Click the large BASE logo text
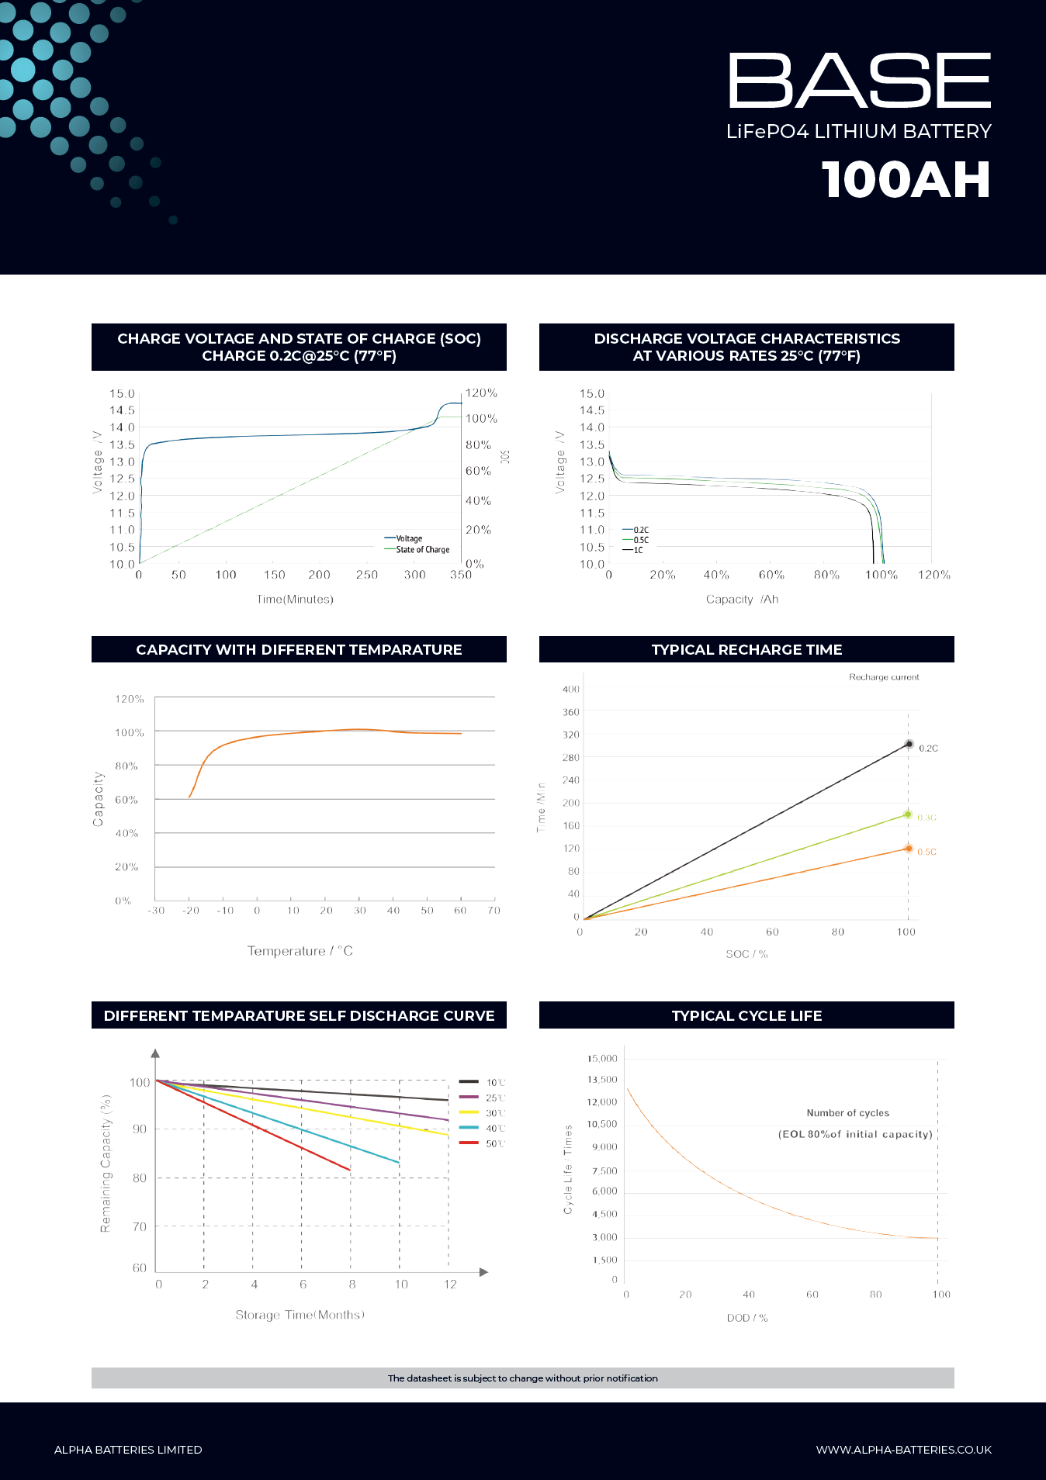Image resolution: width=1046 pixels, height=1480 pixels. pos(859,81)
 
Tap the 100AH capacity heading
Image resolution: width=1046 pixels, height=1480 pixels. pos(906,180)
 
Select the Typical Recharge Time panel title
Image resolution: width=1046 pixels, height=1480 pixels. pos(746,650)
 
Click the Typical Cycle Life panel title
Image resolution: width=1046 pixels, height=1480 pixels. pos(746,1016)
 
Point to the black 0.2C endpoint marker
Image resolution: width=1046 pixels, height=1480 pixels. pos(909,745)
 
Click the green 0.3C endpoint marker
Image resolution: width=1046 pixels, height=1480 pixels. pos(907,814)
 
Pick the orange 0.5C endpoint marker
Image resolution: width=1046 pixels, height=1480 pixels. pos(908,849)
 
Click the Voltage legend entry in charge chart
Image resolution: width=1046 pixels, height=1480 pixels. pos(404,538)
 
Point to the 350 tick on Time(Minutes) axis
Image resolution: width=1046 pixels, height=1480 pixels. pos(461,575)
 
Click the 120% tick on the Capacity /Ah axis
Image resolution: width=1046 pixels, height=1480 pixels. pos(933,575)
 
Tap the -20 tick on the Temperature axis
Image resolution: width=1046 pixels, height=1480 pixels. pos(190,911)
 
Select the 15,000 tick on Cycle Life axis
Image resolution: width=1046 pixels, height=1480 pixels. pos(602,1059)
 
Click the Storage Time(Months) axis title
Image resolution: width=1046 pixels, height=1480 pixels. pos(300,1315)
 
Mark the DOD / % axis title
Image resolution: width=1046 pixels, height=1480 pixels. pos(747,1318)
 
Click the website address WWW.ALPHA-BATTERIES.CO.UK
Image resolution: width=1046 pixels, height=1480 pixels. pos(903,1450)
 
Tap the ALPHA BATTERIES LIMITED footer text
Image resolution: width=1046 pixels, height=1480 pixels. pos(128,1450)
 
